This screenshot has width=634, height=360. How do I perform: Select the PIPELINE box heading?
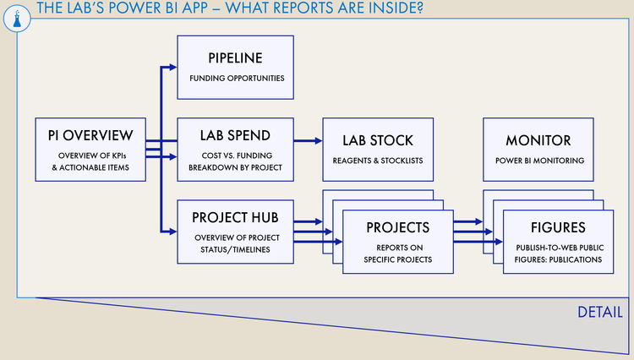pos(235,58)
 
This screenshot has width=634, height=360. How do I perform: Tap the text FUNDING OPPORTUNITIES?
pos(236,79)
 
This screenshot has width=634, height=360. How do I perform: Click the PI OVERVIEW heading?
pos(90,135)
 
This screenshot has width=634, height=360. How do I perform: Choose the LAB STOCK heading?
pos(378,140)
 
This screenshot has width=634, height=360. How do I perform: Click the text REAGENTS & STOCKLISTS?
pos(378,161)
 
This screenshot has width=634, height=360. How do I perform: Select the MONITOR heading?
pos(538,140)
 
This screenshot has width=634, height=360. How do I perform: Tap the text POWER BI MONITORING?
pos(538,161)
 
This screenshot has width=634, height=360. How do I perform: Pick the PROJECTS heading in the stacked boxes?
pos(397,227)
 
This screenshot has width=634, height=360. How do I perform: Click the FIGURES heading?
pos(557,227)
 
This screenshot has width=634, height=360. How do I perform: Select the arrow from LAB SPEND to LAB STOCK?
pos(308,140)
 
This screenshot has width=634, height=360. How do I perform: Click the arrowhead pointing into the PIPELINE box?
pos(172,67)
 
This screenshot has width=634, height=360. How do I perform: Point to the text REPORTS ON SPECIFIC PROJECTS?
pos(397,254)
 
